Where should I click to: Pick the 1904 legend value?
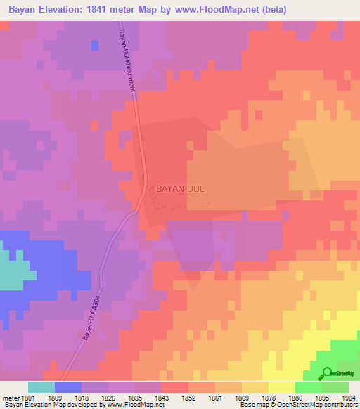[x=349, y=398]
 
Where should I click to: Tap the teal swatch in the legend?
[x=41, y=387]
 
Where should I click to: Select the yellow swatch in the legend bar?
[x=281, y=387]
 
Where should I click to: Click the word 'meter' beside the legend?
[x=11, y=398]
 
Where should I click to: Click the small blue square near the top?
[x=94, y=45]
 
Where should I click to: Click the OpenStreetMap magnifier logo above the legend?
[x=325, y=374]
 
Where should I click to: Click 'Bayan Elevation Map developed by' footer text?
[x=49, y=405]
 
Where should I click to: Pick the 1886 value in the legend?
[x=295, y=398]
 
